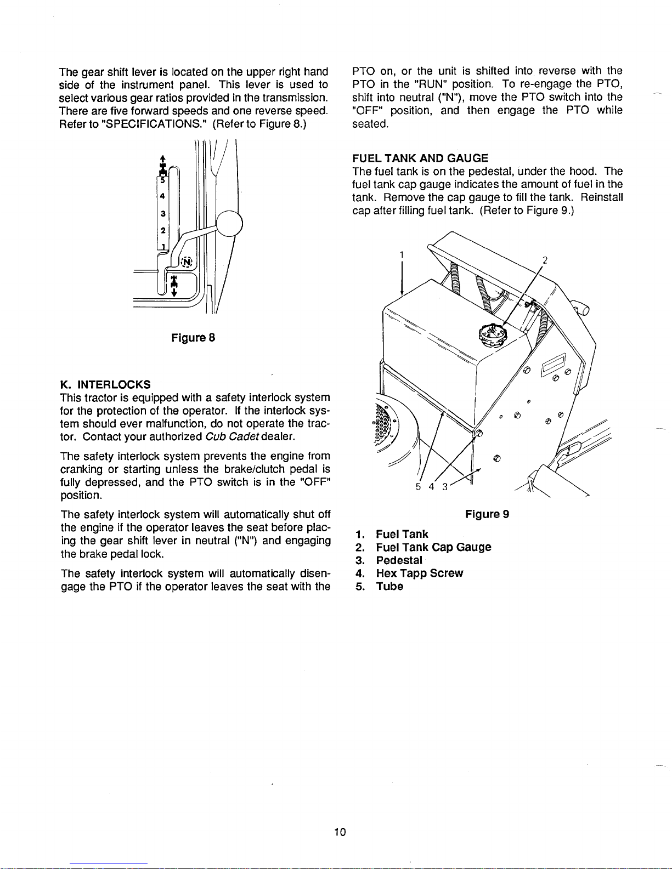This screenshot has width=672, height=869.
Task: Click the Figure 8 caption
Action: click(193, 338)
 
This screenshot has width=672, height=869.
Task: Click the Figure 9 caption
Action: click(487, 514)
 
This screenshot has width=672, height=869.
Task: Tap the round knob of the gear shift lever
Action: click(229, 224)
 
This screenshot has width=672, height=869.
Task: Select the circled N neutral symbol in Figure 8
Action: click(187, 262)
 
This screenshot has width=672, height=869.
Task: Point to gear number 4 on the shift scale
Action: click(163, 196)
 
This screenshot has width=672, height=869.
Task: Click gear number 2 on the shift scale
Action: click(163, 230)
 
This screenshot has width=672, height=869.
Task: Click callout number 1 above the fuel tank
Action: click(402, 255)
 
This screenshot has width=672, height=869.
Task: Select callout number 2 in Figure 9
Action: click(544, 260)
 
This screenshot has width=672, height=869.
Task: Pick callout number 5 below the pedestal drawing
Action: click(419, 487)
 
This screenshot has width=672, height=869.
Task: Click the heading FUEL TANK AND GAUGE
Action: click(420, 158)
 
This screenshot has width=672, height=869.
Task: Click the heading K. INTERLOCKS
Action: click(105, 385)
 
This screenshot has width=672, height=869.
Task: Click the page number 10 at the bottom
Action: click(340, 832)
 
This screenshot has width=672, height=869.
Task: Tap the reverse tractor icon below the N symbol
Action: click(173, 285)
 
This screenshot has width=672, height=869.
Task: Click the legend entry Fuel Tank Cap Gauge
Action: click(433, 547)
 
